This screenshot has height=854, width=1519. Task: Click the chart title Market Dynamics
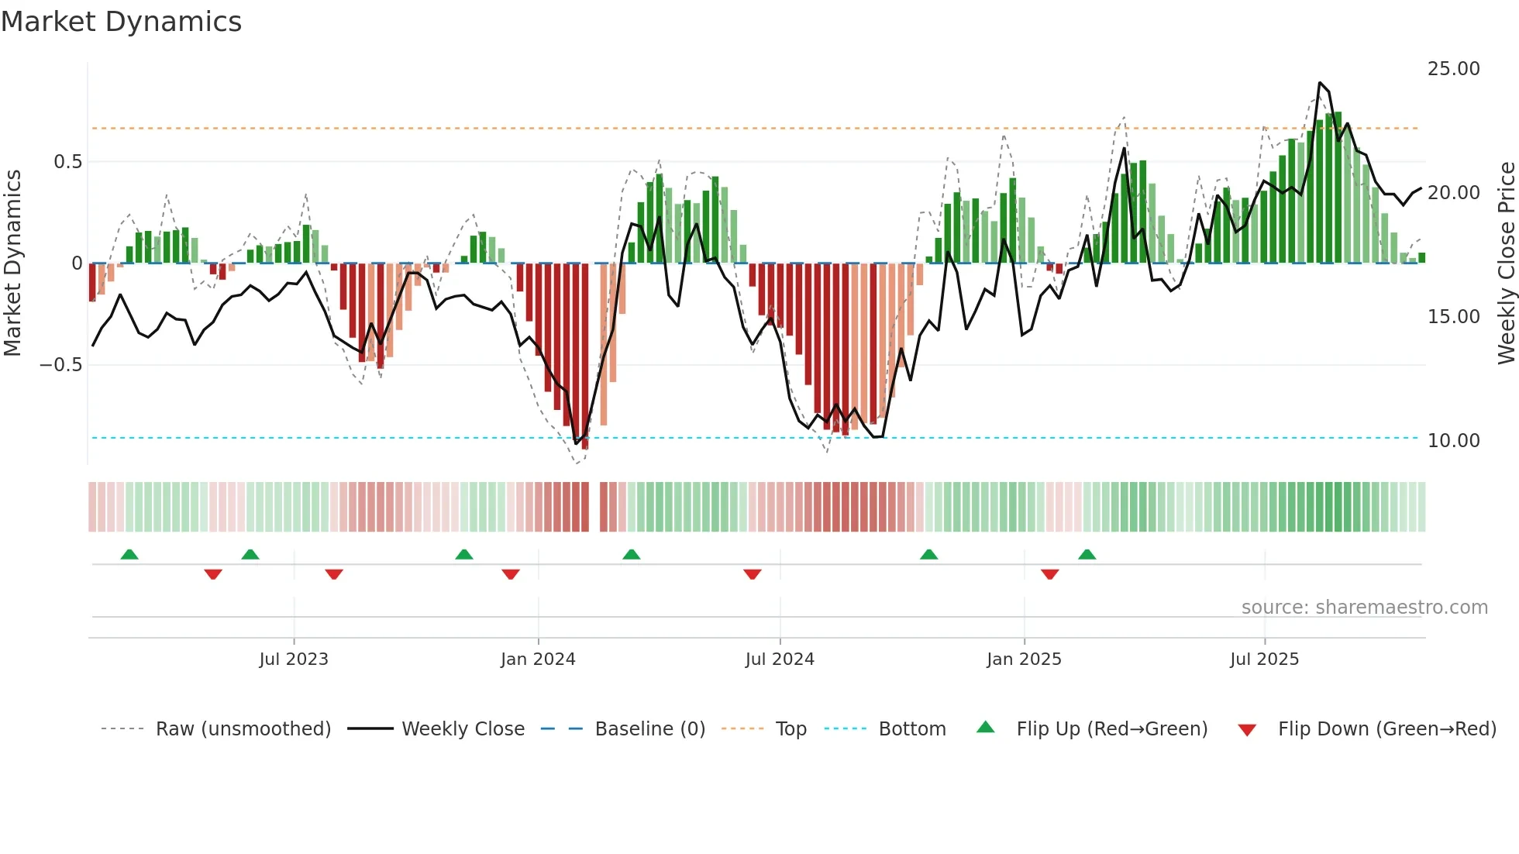pos(122,22)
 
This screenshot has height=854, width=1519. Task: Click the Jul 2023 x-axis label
pos(294,659)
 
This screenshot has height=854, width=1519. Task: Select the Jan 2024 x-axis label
pos(538,659)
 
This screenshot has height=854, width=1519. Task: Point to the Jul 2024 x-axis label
pos(780,659)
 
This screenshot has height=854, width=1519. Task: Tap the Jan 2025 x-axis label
pos(1024,659)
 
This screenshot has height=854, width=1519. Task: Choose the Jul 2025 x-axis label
pos(1264,659)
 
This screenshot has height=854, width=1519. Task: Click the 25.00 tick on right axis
pos(1453,69)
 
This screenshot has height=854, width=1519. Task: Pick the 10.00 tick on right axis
pos(1453,441)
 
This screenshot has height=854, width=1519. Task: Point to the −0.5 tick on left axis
pos(60,365)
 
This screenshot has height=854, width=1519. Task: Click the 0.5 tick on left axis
pos(67,162)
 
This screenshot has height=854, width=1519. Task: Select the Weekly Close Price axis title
pos(1506,263)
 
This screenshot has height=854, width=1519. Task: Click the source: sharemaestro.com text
pos(1364,608)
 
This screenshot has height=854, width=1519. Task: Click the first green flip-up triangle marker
pos(129,555)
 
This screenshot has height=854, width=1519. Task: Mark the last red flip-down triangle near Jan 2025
pos(1050,574)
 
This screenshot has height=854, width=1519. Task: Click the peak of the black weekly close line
pos(1320,83)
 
